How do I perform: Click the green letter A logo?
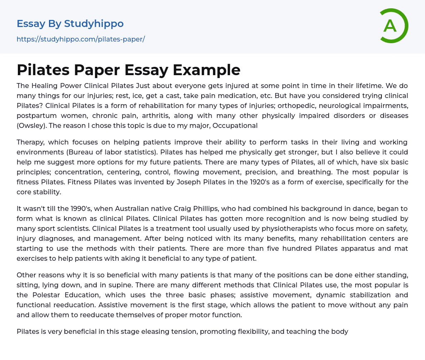pyautogui.click(x=392, y=26)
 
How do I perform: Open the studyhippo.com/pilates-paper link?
pyautogui.click(x=81, y=39)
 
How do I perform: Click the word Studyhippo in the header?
pyautogui.click(x=94, y=24)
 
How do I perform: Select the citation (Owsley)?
pyautogui.click(x=31, y=125)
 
